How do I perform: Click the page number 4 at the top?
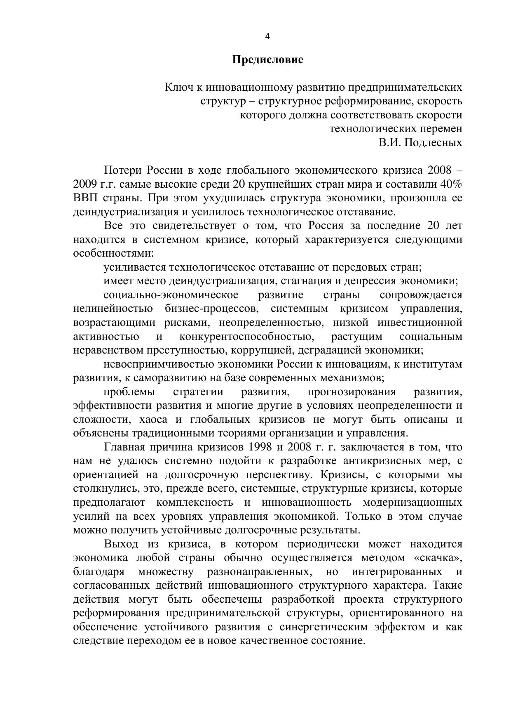point(267,37)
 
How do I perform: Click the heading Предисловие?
point(267,60)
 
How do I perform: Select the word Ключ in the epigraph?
point(177,87)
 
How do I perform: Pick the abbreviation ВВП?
point(86,198)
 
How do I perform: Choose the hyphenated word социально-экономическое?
point(171,295)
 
